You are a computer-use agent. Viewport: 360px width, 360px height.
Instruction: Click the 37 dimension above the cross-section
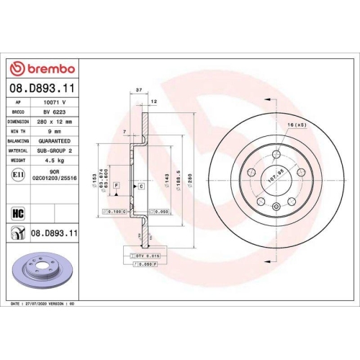tap(138, 91)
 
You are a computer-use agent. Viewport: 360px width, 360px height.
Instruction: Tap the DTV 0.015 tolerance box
tap(145, 256)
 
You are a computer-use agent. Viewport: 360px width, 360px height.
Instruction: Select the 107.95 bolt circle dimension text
tap(274, 174)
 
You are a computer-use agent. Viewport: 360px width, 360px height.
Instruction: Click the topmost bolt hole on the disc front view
tap(277, 153)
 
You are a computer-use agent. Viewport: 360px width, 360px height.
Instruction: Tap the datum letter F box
tap(115, 186)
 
